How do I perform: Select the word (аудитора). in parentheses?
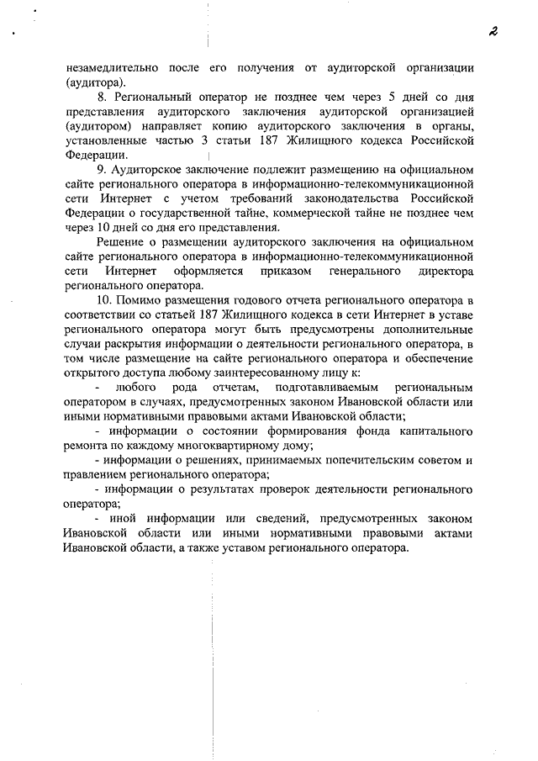coord(95,82)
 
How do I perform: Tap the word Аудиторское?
coord(154,170)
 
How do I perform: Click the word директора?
coord(446,272)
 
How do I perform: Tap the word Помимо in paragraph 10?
coord(148,301)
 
